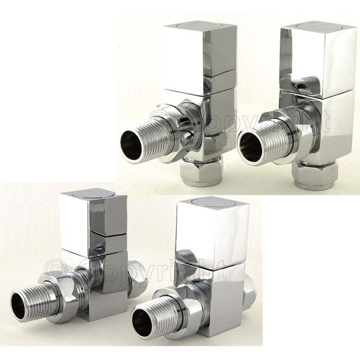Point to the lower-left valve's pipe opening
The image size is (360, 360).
pos(19,307)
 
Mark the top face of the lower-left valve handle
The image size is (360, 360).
pos(93,195)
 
